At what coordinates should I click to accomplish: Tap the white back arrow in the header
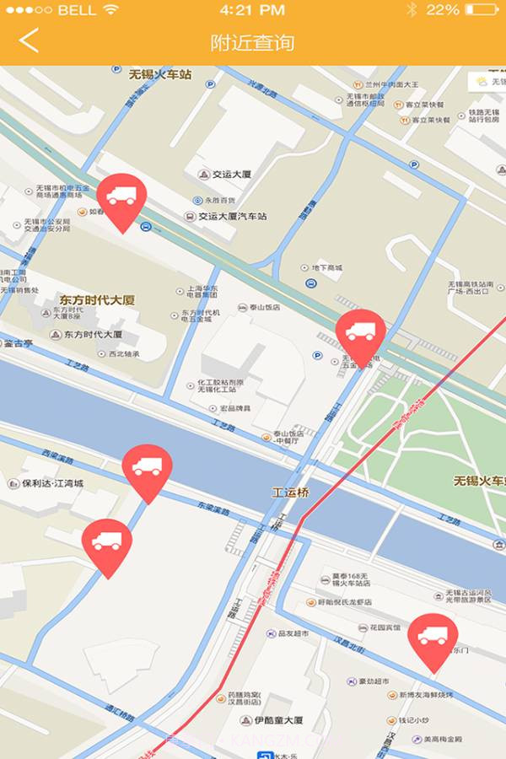click(x=30, y=40)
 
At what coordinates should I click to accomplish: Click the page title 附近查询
click(x=253, y=41)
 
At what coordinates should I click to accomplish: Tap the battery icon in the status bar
click(x=482, y=10)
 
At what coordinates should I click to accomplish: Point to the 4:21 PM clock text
click(x=251, y=10)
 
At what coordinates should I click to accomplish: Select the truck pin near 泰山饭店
click(x=361, y=336)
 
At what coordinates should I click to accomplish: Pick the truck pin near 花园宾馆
click(x=433, y=639)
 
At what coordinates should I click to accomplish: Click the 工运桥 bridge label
click(x=290, y=491)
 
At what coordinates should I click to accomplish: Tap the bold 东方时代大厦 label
click(x=97, y=299)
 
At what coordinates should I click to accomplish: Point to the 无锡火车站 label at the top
click(x=160, y=74)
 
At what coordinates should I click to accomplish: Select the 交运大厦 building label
click(x=233, y=175)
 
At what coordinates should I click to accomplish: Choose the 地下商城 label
click(x=326, y=268)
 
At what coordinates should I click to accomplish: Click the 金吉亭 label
click(x=18, y=344)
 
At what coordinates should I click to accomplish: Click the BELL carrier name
click(x=77, y=10)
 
